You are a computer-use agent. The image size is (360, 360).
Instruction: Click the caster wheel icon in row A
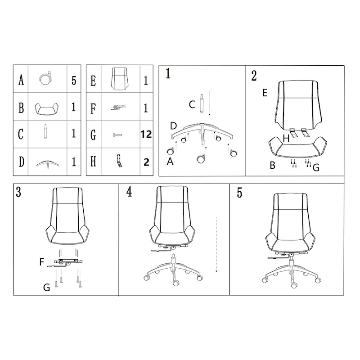[47, 79]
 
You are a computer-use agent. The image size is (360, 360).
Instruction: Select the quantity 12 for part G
[146, 134]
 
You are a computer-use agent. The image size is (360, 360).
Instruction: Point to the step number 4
[130, 192]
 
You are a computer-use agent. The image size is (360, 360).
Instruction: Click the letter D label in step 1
[173, 125]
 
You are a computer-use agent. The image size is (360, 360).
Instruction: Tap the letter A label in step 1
[170, 162]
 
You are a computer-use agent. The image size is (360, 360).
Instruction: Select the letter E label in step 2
[265, 93]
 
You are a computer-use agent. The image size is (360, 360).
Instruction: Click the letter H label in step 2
[286, 139]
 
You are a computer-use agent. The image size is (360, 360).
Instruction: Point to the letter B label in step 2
[272, 166]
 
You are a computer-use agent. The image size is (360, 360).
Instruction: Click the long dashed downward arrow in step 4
[216, 245]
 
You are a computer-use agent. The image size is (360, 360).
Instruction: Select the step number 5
[239, 193]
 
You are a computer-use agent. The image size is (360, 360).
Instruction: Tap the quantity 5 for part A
[73, 81]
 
